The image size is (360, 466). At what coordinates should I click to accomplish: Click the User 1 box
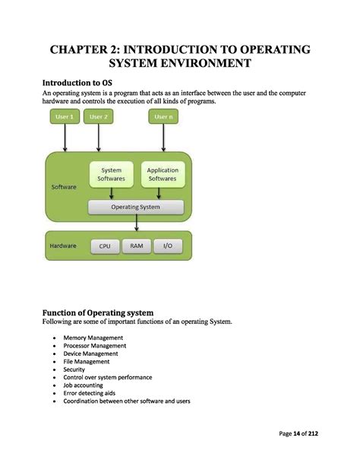click(x=65, y=117)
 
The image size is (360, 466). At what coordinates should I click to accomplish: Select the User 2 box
click(x=98, y=117)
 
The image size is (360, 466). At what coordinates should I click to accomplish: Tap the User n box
click(x=163, y=117)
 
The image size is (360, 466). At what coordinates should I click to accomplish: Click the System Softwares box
click(x=111, y=174)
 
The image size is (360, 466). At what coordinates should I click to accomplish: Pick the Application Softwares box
click(x=162, y=174)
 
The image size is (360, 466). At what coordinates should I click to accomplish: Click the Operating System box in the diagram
click(x=136, y=207)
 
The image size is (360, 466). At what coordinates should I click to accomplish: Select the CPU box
click(x=105, y=246)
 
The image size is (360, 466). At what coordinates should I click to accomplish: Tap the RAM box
click(x=136, y=246)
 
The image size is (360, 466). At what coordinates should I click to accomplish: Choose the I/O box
click(x=167, y=246)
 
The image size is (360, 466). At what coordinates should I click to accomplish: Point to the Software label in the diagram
click(x=64, y=186)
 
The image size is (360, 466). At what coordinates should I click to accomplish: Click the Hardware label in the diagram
click(x=63, y=246)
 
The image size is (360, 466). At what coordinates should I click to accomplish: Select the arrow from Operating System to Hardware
click(x=136, y=222)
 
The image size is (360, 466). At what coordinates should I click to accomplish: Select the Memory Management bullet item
click(x=93, y=338)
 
